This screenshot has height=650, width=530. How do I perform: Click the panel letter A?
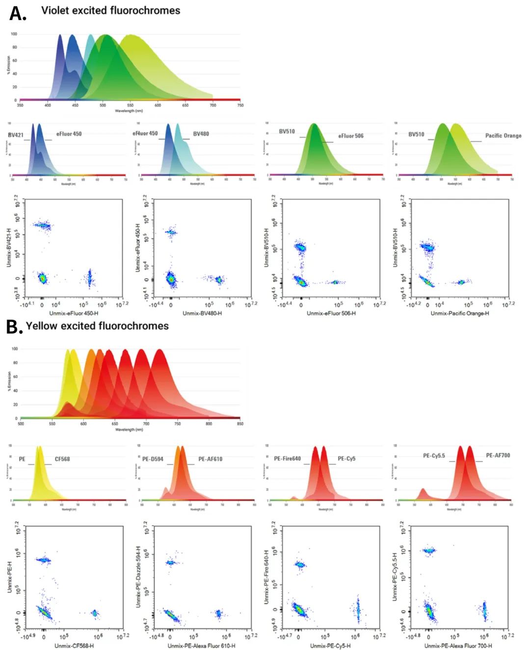(x=18, y=14)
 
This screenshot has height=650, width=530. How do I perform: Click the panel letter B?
(x=14, y=326)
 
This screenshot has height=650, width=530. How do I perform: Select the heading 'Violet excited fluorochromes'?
(x=110, y=10)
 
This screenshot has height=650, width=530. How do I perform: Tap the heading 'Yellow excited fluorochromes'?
(x=97, y=326)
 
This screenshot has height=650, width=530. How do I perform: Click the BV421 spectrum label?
(x=16, y=135)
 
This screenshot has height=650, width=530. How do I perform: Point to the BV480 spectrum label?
(x=201, y=134)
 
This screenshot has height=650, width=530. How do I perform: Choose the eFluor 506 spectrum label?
(x=350, y=136)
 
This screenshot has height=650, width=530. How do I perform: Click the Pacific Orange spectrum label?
(x=503, y=135)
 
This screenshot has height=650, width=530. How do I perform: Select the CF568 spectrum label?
(x=62, y=459)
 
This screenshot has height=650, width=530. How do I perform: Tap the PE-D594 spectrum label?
(x=153, y=459)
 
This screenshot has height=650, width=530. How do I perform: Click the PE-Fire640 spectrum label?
(x=287, y=459)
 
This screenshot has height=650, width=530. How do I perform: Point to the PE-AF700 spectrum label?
(x=498, y=456)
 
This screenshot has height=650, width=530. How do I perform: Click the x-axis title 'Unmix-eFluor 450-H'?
(x=74, y=313)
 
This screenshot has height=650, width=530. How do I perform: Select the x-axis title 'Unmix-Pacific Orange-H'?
(x=459, y=313)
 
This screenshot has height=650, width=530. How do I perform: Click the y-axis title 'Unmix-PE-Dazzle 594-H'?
(x=138, y=576)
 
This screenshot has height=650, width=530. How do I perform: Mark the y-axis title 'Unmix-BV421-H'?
(x=9, y=247)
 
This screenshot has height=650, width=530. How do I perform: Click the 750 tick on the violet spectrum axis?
(x=240, y=105)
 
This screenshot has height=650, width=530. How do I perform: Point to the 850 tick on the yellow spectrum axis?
(x=240, y=424)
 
